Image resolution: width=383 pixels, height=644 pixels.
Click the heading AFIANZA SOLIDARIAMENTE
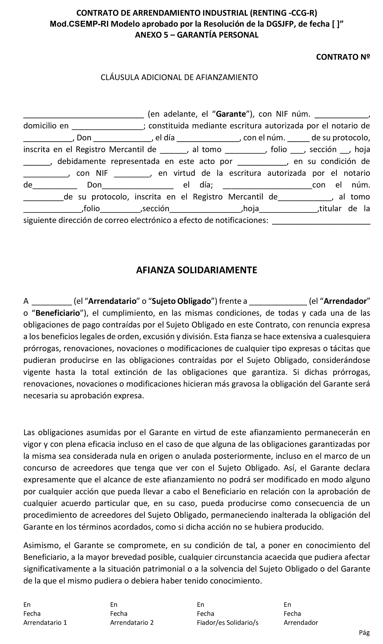(196, 270)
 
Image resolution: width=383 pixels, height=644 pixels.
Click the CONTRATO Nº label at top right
(343, 57)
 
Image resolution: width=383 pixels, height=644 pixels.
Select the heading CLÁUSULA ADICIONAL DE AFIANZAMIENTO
(179, 77)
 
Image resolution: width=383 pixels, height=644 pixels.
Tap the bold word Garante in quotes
(231, 114)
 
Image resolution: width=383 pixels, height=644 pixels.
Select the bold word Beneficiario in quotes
(58, 313)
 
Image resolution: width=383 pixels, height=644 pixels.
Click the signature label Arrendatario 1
(45, 623)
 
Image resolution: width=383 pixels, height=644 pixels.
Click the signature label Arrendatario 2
(132, 623)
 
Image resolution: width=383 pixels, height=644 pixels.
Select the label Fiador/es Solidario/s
(227, 623)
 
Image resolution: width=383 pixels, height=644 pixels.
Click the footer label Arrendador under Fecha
(301, 623)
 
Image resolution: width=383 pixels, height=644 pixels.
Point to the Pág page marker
(364, 632)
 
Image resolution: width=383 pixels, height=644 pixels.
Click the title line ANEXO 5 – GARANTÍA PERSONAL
(196, 35)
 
